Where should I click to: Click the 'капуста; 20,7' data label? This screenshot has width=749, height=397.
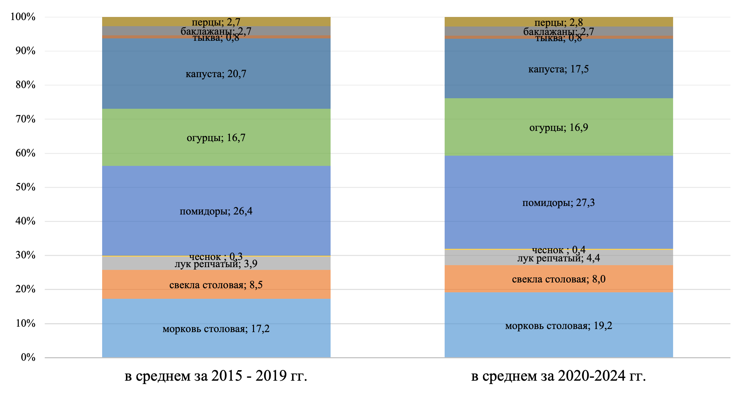click(216, 74)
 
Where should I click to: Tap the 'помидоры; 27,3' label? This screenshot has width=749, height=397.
click(558, 203)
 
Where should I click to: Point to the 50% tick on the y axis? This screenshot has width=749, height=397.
click(26, 187)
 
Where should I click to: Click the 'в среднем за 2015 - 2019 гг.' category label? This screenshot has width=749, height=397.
click(216, 376)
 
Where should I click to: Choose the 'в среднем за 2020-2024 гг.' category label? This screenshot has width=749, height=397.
click(558, 376)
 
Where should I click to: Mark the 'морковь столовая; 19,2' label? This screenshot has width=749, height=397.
click(558, 326)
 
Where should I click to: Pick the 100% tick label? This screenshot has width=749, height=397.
click(23, 17)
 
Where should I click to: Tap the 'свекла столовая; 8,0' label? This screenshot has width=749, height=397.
click(558, 279)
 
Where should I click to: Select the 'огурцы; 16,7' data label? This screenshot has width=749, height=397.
click(216, 138)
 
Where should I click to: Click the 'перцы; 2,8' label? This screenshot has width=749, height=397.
click(558, 22)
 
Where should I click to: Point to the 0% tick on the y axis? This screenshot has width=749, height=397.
click(28, 357)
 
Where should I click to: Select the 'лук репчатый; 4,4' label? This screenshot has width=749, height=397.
click(558, 259)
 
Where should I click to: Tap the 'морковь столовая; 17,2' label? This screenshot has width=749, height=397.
click(216, 329)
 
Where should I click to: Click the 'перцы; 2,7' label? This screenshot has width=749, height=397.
click(216, 22)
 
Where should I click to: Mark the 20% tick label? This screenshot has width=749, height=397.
click(26, 289)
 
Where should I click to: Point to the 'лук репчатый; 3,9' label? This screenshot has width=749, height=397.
click(216, 264)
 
